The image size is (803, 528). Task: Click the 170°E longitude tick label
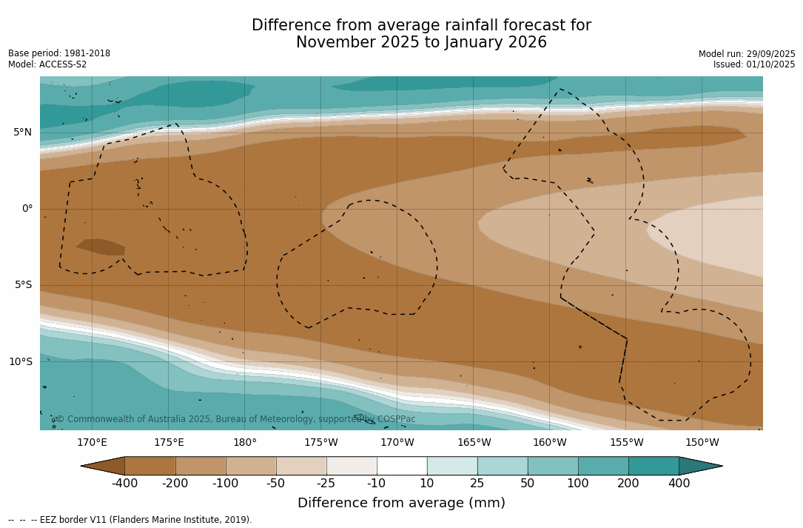click(92, 443)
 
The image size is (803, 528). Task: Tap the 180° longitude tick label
click(245, 443)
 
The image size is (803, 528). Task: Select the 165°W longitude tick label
click(474, 443)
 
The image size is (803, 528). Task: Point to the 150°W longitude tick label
click(702, 443)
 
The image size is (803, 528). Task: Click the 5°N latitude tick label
click(22, 133)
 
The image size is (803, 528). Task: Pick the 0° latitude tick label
click(27, 209)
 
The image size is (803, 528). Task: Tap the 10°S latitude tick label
click(20, 362)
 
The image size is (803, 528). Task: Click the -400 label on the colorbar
click(125, 484)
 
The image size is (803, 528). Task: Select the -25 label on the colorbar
click(326, 484)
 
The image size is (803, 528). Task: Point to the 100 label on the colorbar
click(578, 484)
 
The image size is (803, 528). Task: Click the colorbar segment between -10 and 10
click(402, 466)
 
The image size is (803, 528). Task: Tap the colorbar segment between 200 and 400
click(654, 466)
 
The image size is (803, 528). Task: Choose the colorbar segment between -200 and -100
click(201, 466)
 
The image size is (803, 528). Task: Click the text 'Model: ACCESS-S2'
click(47, 64)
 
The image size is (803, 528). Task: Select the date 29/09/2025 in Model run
click(770, 54)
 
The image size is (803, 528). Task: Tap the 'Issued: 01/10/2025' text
click(754, 64)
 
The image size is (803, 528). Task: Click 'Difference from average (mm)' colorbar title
click(401, 504)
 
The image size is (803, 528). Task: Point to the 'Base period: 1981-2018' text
click(59, 53)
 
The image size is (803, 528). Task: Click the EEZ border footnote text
click(130, 520)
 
